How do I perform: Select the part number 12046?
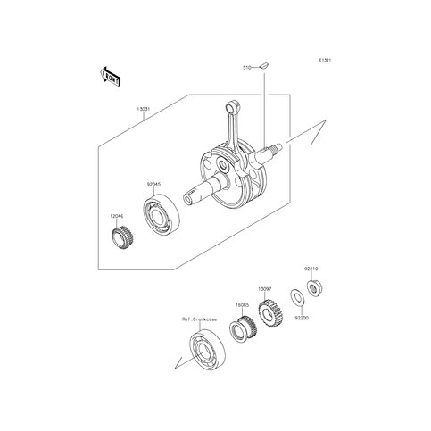coord(116,215)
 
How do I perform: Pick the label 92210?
coord(311,267)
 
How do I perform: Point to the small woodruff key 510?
coord(265,65)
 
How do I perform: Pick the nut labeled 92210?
coord(314,287)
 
